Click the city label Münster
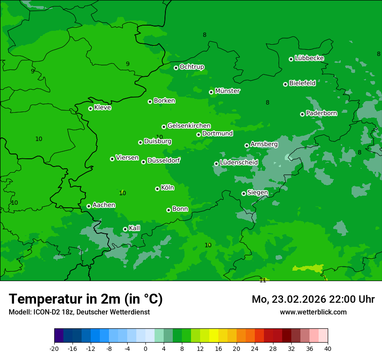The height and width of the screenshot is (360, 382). (x=227, y=91)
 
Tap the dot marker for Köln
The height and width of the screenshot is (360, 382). (x=157, y=189)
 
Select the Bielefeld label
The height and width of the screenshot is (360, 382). (x=302, y=83)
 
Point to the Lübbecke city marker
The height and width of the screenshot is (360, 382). (x=291, y=59)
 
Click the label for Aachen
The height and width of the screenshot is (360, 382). (x=104, y=205)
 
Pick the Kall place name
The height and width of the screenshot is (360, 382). (x=135, y=228)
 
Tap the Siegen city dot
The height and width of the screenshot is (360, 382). (x=244, y=193)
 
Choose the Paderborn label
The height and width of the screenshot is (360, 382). (x=322, y=113)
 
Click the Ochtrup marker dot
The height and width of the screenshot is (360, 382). (x=176, y=68)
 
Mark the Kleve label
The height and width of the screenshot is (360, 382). (x=102, y=108)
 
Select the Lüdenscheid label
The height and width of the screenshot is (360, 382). (x=239, y=163)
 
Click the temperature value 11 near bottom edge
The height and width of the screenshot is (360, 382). (x=263, y=280)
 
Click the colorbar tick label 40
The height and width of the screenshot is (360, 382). (x=327, y=348)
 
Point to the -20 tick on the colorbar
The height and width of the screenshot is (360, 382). (x=54, y=348)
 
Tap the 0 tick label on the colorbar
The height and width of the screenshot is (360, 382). (x=145, y=348)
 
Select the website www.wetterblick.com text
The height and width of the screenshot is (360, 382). (x=313, y=312)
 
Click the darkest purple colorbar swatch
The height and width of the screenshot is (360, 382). (x=59, y=336)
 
